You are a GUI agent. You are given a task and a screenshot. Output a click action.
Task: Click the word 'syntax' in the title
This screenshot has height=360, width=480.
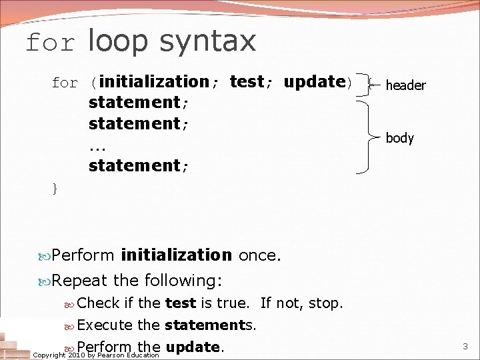[x=207, y=41]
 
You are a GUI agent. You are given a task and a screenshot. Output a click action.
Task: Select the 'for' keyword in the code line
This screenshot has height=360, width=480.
[x=65, y=83]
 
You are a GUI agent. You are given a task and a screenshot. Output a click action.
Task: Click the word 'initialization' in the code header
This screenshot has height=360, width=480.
[x=154, y=82]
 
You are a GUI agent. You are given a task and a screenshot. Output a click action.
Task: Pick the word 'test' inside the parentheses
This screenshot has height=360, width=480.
[x=247, y=82]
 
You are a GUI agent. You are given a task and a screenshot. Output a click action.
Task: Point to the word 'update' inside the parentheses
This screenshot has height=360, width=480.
[x=313, y=82]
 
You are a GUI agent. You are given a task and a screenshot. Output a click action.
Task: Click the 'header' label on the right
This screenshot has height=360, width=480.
[x=405, y=85]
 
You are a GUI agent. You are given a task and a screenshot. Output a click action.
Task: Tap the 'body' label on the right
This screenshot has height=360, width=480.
[x=399, y=138]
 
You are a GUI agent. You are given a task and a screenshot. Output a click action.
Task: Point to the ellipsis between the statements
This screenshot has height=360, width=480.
[x=97, y=145]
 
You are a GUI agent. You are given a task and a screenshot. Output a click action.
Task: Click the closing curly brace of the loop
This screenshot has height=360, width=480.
[x=55, y=189]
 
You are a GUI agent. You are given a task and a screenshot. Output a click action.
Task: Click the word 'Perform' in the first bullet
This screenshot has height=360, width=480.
[x=83, y=255]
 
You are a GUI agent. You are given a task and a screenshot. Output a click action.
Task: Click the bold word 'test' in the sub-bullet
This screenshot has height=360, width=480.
[x=181, y=303]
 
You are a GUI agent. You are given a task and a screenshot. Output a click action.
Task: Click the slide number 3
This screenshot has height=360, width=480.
[x=465, y=346]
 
